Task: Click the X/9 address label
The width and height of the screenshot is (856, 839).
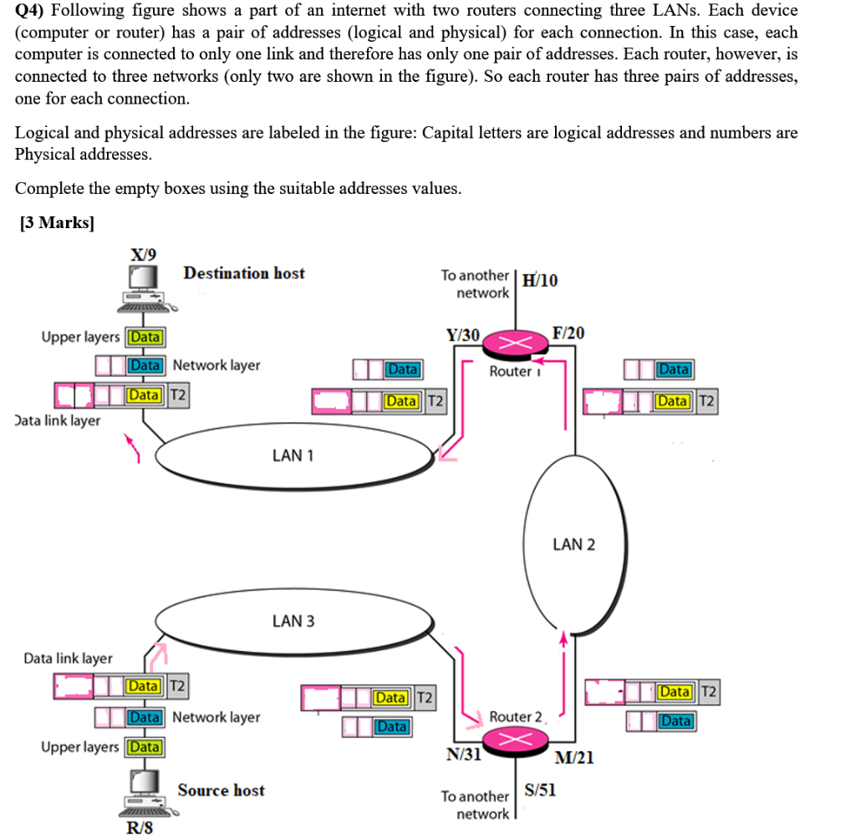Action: click(x=143, y=254)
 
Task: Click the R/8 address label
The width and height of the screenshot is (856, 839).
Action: click(x=140, y=827)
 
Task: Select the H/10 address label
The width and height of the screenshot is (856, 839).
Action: click(x=540, y=280)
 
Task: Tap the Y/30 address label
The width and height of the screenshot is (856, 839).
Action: click(x=462, y=335)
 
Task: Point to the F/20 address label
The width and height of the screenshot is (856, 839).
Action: click(x=568, y=333)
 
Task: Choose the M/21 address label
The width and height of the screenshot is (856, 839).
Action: click(x=574, y=757)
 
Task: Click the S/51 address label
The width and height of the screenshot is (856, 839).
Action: click(x=540, y=790)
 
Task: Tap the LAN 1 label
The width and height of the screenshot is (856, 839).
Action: click(x=293, y=455)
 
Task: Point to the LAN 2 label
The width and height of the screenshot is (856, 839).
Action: click(x=574, y=544)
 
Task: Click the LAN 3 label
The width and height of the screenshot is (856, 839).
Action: click(x=293, y=621)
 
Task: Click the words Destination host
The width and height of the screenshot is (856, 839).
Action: click(x=244, y=273)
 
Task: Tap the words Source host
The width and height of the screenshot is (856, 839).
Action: click(x=221, y=790)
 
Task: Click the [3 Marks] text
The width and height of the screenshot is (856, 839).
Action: click(x=56, y=223)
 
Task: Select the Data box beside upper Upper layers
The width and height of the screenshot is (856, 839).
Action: click(x=145, y=337)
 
